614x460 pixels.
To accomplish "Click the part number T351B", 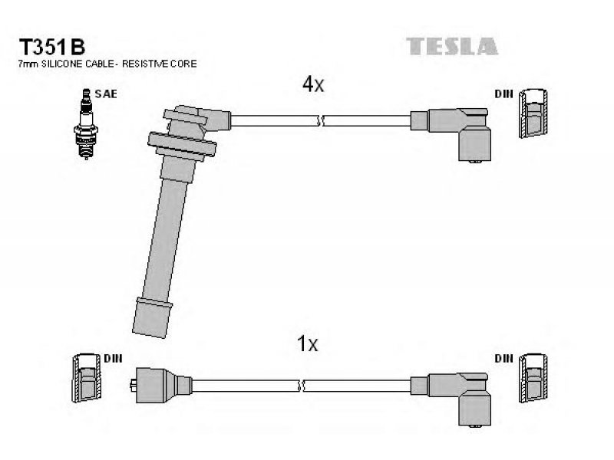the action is pyautogui.click(x=52, y=48).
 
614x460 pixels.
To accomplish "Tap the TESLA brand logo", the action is pyautogui.click(x=452, y=46).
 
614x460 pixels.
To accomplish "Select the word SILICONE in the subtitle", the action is pyautogui.click(x=61, y=64).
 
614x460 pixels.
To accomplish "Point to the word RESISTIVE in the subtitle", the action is pyautogui.click(x=146, y=64).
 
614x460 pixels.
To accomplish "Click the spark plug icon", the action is pyautogui.click(x=86, y=124).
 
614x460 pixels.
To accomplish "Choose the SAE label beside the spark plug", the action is pyautogui.click(x=106, y=94).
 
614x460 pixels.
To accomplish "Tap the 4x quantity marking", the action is pyautogui.click(x=313, y=84).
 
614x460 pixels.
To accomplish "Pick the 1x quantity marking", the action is pyautogui.click(x=308, y=343).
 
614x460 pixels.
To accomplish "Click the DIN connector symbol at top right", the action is pyautogui.click(x=533, y=113).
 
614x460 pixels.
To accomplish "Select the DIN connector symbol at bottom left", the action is pyautogui.click(x=86, y=378).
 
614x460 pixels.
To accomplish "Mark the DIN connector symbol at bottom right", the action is pyautogui.click(x=533, y=378).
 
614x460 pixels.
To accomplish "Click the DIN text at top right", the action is pyautogui.click(x=503, y=94).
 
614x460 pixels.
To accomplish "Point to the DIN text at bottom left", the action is pyautogui.click(x=113, y=359).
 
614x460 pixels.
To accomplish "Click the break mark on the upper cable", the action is pyautogui.click(x=321, y=121).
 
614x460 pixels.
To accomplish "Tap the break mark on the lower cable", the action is pyautogui.click(x=301, y=386).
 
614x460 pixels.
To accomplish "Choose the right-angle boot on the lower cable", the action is pyautogui.click(x=458, y=398).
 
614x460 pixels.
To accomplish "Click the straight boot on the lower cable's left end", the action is pyautogui.click(x=160, y=386).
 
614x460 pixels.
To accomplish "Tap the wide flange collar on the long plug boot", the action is pyautogui.click(x=182, y=144).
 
